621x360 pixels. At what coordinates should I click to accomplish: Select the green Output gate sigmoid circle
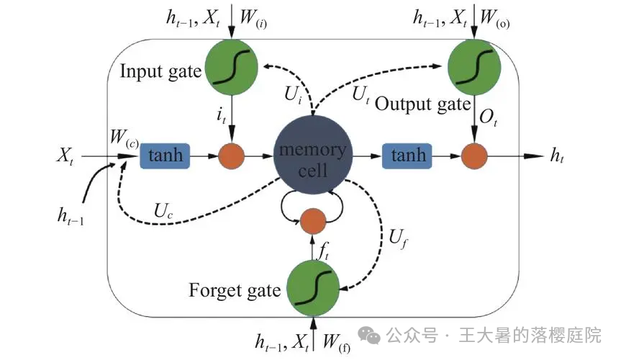(473, 65)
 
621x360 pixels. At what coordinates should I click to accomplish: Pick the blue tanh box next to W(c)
(165, 155)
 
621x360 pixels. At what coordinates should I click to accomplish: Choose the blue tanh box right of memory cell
(408, 155)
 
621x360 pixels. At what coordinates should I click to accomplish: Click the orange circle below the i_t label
(231, 156)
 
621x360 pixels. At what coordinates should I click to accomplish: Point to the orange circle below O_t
(474, 156)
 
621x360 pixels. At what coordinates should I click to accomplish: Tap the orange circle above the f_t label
(313, 221)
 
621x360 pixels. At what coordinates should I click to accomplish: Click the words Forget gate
(234, 291)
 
